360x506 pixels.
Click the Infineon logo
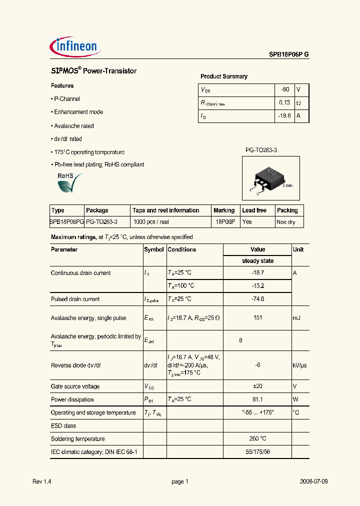(76, 47)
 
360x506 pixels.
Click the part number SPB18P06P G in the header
(285, 55)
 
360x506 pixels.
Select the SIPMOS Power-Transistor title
(94, 71)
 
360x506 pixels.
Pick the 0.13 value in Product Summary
(284, 102)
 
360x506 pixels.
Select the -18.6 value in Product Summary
(283, 115)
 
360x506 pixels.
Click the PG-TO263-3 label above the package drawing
(261, 149)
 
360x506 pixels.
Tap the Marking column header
(224, 210)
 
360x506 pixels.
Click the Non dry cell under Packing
(286, 222)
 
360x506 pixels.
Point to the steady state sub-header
(257, 261)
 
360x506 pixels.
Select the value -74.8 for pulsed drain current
(257, 299)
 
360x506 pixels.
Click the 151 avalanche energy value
(257, 318)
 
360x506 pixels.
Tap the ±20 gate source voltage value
(257, 386)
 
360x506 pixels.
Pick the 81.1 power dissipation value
(257, 399)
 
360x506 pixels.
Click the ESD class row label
(63, 426)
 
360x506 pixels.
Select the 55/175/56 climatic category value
(257, 452)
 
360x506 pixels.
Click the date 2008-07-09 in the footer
(314, 481)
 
